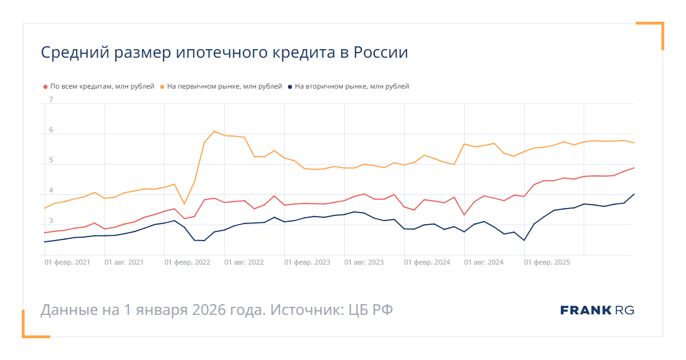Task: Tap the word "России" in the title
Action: [381, 53]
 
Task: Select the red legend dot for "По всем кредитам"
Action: [46, 87]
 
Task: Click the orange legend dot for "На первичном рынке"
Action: [162, 87]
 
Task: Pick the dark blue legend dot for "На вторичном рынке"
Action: [290, 87]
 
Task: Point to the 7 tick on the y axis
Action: [51, 99]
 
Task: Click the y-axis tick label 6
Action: [51, 130]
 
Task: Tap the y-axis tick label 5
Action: [51, 160]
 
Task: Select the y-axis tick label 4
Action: [51, 190]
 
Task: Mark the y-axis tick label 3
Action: [51, 221]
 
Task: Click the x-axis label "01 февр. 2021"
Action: [67, 262]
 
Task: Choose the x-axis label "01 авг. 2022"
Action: [244, 262]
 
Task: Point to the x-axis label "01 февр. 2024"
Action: [427, 262]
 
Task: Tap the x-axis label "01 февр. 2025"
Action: [547, 262]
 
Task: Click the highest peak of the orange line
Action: [214, 131]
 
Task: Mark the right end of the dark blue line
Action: [634, 194]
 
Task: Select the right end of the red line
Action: [634, 168]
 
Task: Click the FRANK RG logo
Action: [597, 310]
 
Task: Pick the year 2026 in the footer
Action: [211, 310]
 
